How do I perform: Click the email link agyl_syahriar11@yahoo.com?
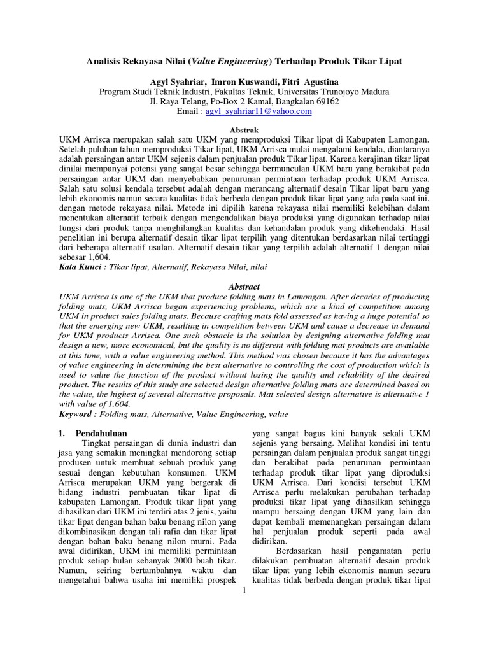(259, 111)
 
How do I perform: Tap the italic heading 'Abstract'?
(244, 287)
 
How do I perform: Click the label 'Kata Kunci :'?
(82, 268)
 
